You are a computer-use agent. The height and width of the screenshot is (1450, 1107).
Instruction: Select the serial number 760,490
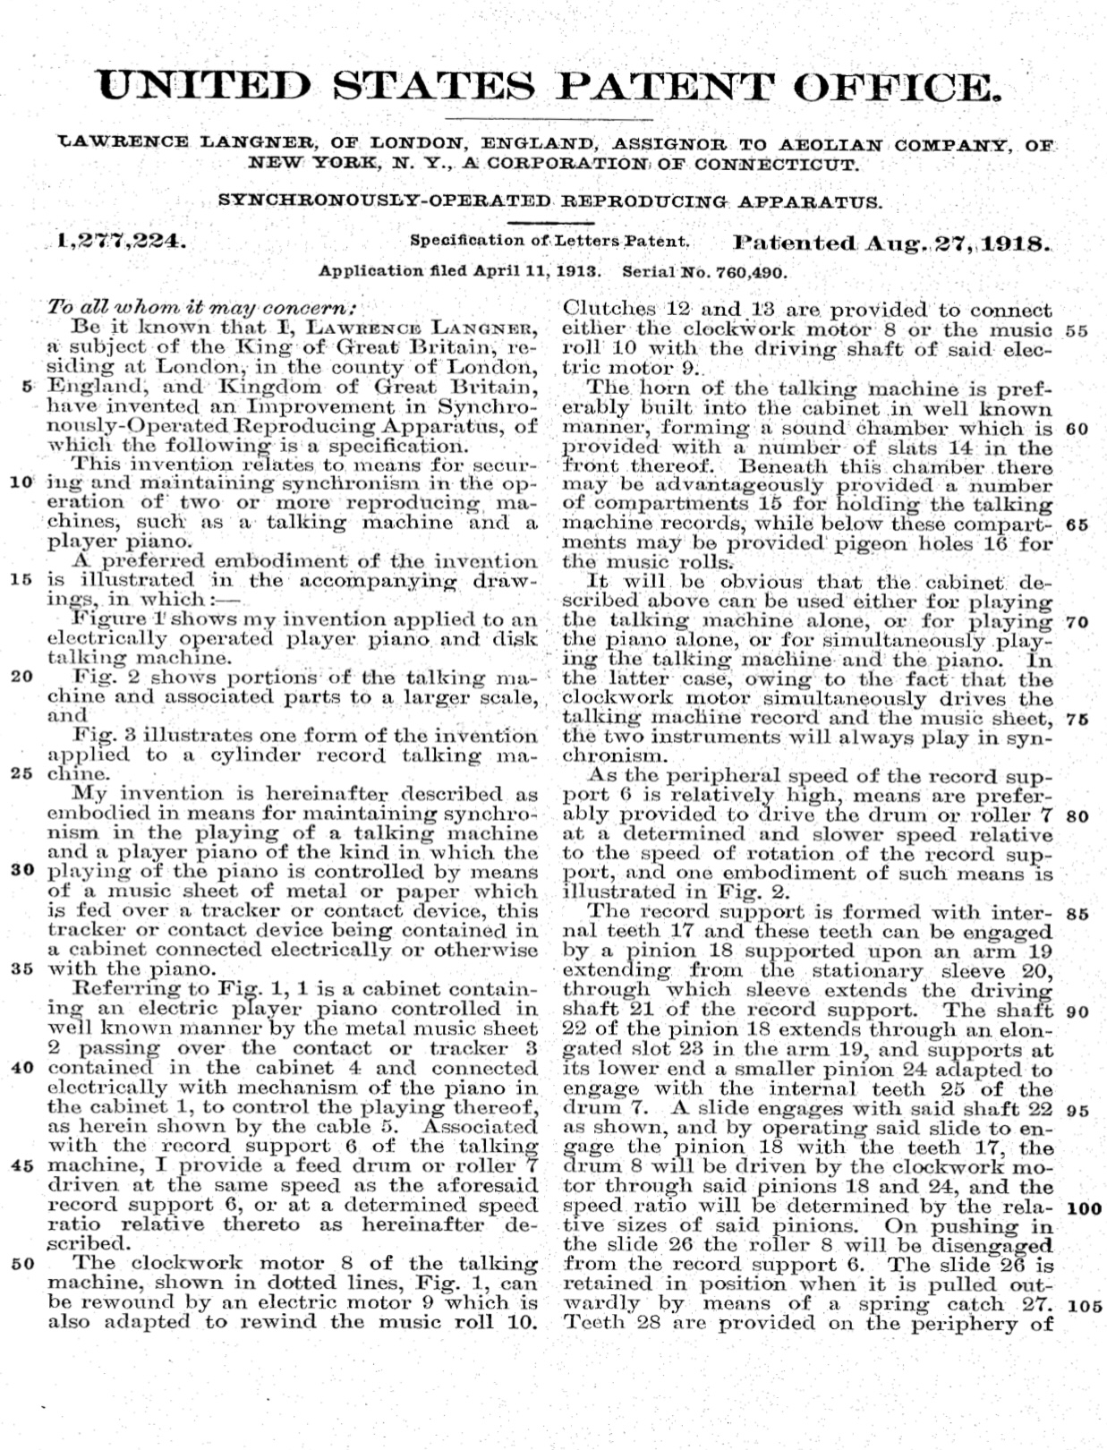(749, 270)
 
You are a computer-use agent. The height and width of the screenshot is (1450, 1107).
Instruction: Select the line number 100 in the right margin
(1084, 1207)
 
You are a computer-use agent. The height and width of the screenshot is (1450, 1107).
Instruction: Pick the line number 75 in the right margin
(1077, 718)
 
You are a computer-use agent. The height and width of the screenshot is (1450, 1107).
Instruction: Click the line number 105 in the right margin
(1085, 1305)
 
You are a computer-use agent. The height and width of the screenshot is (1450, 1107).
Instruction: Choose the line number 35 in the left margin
(23, 969)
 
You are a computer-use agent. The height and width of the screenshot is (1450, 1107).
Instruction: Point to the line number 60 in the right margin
(1077, 428)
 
